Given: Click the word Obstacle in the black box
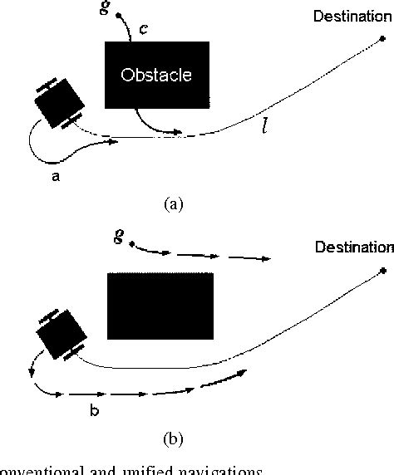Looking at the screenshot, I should coord(156,75).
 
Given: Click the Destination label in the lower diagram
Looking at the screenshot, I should coord(352,247).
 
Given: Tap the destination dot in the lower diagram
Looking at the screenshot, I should coord(383,271).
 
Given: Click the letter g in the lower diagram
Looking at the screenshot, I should coord(119,237).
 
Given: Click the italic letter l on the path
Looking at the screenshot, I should coord(264,130).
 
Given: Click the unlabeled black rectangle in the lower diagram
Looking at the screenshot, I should coord(161,306).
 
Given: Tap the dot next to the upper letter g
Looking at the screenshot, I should coord(119,16).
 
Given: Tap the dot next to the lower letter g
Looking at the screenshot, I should coord(131,243).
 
